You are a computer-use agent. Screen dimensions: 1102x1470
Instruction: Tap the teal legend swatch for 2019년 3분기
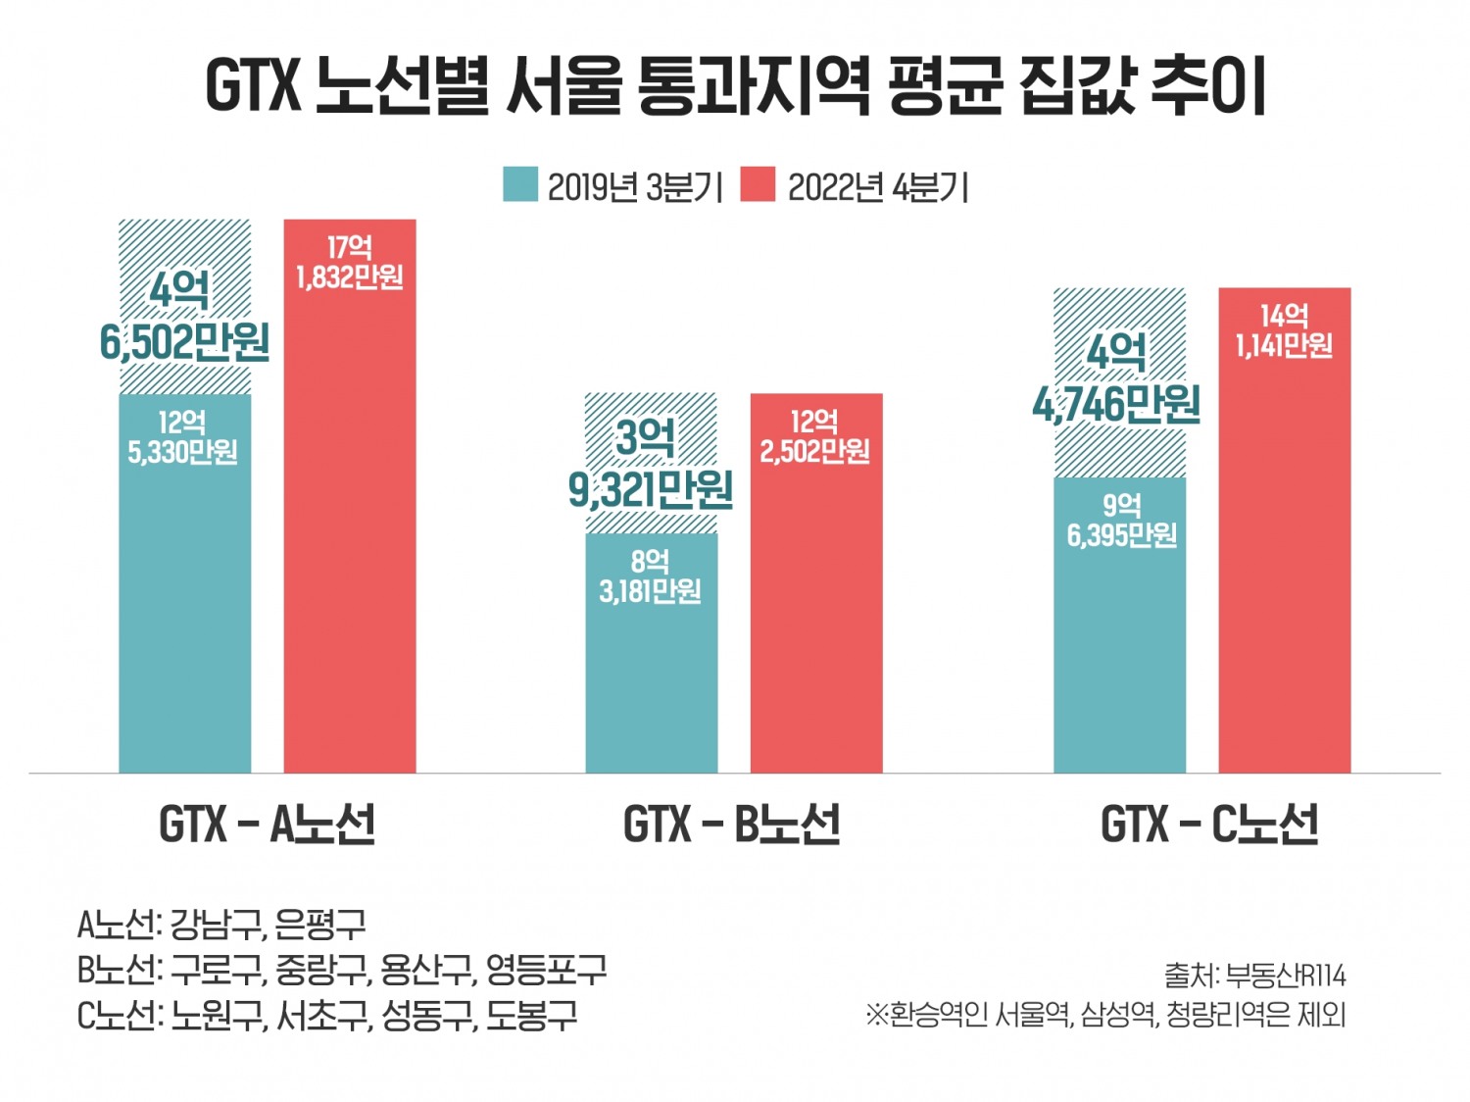[520, 184]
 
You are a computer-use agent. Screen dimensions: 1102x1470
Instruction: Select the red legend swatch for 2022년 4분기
[757, 184]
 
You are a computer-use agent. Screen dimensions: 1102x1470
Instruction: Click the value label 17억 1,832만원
[350, 263]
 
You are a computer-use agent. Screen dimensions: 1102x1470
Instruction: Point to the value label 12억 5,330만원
[183, 437]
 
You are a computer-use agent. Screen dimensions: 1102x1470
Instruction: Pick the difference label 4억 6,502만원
[183, 317]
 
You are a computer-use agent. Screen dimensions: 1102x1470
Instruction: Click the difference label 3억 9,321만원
[650, 463]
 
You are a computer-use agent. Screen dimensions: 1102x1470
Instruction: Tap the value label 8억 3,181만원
[651, 576]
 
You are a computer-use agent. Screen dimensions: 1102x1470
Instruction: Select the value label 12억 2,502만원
[815, 436]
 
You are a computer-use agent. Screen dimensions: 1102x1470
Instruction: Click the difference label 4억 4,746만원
[1117, 377]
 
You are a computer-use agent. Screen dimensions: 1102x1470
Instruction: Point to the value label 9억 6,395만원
[1121, 521]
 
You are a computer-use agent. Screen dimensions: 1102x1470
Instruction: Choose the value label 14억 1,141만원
[1284, 330]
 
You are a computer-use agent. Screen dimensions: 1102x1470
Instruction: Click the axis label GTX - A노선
[267, 824]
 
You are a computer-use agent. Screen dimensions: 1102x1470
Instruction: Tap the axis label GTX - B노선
[731, 824]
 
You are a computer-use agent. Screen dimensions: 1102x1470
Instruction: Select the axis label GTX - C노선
[1208, 824]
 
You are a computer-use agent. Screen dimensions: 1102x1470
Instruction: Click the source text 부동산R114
[1286, 976]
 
